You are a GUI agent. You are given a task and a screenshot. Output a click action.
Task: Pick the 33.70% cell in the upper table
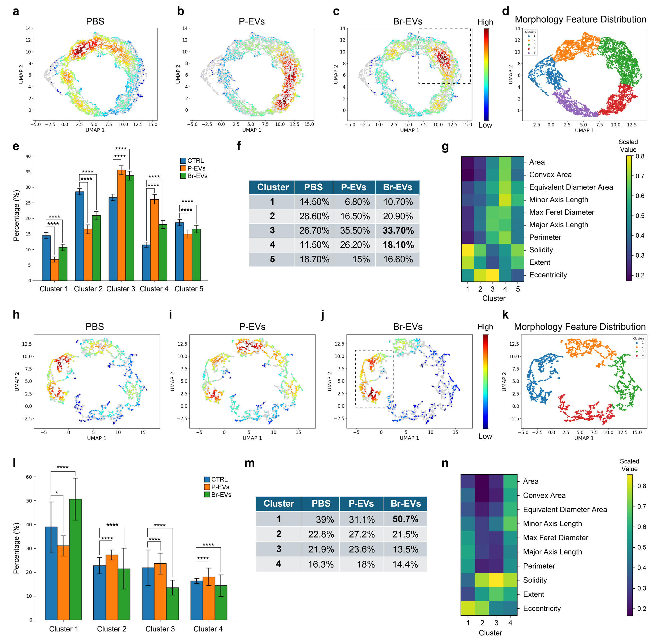click(x=398, y=230)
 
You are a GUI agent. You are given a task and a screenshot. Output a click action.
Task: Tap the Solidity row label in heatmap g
click(x=541, y=250)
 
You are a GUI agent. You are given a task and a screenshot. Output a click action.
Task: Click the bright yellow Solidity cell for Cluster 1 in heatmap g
click(x=468, y=250)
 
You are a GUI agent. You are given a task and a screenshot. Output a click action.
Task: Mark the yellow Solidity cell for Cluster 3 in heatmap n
click(x=496, y=580)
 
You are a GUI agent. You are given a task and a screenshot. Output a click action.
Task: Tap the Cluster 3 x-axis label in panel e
click(x=120, y=289)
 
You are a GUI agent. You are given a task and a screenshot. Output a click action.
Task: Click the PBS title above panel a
click(x=95, y=21)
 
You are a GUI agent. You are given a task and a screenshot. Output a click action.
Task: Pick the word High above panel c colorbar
click(x=485, y=22)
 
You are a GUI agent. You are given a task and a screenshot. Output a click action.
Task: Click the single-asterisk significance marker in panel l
click(x=57, y=493)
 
